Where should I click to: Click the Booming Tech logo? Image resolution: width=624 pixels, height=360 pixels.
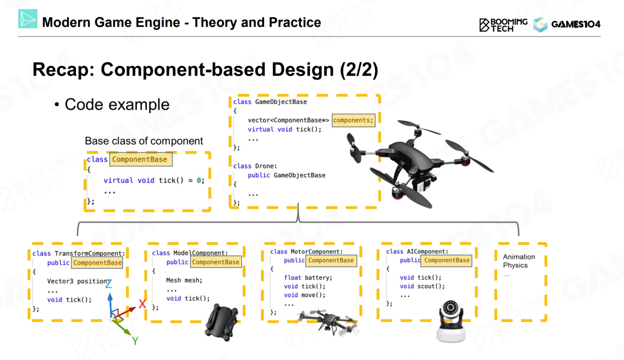pyautogui.click(x=503, y=24)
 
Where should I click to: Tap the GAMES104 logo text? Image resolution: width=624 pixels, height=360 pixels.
pyautogui.click(x=576, y=24)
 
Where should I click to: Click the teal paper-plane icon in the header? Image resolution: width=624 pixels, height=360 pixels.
pyautogui.click(x=27, y=19)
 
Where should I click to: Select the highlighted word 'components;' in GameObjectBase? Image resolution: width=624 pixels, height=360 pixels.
pyautogui.click(x=353, y=120)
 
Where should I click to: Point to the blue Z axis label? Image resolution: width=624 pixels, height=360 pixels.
pyautogui.click(x=109, y=284)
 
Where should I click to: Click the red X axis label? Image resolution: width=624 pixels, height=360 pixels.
pyautogui.click(x=142, y=304)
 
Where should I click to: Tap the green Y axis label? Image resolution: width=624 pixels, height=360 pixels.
pyautogui.click(x=135, y=341)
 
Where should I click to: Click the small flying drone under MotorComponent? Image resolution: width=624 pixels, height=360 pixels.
pyautogui.click(x=329, y=320)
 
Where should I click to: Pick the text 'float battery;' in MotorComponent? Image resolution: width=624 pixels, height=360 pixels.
pyautogui.click(x=308, y=278)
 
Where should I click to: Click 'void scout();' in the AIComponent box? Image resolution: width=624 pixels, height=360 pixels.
pyautogui.click(x=422, y=286)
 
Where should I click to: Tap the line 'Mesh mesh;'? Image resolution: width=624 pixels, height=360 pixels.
pyautogui.click(x=184, y=280)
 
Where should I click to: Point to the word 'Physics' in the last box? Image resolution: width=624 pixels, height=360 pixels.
pyautogui.click(x=515, y=265)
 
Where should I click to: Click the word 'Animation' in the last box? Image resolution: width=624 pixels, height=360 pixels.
pyautogui.click(x=519, y=257)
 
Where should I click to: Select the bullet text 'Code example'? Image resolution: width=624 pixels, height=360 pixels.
pyautogui.click(x=117, y=104)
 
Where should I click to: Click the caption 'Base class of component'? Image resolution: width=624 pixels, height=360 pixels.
pyautogui.click(x=144, y=141)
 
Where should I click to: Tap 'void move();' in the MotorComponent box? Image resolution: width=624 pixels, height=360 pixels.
pyautogui.click(x=305, y=295)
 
